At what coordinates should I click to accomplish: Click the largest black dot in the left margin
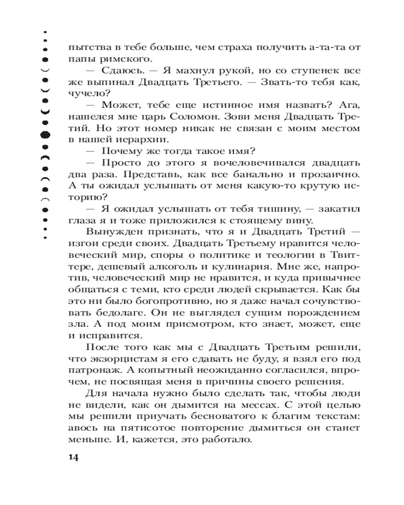(45, 135)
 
